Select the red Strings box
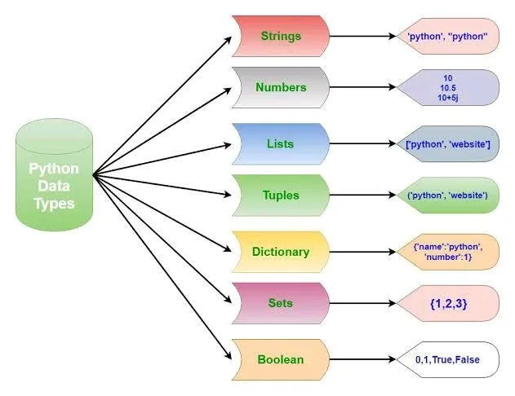click(x=280, y=36)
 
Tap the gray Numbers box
click(x=280, y=87)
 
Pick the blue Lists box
click(x=280, y=143)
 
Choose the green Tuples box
click(x=280, y=195)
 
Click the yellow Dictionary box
click(x=280, y=251)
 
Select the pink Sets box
click(x=280, y=302)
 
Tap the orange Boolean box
click(x=280, y=359)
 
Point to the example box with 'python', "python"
click(x=447, y=37)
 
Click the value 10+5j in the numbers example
click(x=447, y=98)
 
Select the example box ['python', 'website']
click(x=447, y=144)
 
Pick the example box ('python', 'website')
click(x=447, y=196)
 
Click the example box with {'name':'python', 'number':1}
click(x=447, y=251)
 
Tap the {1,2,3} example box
click(x=447, y=304)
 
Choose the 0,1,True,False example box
click(x=447, y=359)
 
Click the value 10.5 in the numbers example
click(x=447, y=88)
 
